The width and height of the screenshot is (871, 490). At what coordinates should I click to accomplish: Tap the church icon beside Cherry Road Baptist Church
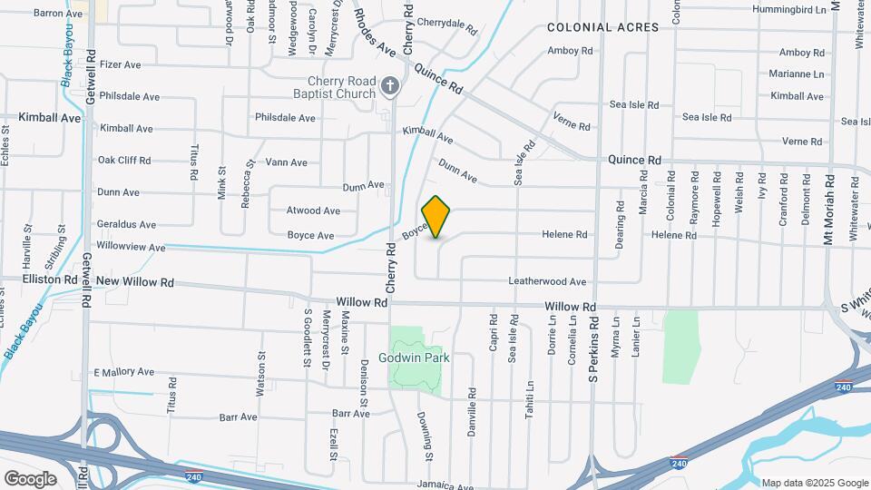390,86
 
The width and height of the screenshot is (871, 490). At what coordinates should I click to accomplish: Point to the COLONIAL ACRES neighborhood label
602,27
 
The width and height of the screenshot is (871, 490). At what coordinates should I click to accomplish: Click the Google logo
30,478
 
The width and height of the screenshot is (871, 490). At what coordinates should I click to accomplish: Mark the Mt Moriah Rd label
827,208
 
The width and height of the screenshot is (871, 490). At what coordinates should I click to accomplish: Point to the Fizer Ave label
120,65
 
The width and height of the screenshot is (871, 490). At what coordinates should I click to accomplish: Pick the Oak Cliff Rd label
124,161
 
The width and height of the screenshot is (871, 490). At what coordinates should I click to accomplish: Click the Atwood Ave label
313,211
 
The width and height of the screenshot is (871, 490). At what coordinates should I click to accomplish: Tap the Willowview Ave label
132,247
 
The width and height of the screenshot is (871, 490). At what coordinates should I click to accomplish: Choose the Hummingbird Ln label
789,10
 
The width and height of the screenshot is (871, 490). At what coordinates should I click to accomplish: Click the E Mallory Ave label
123,372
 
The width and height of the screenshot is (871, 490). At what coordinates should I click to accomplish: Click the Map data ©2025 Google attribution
814,483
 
